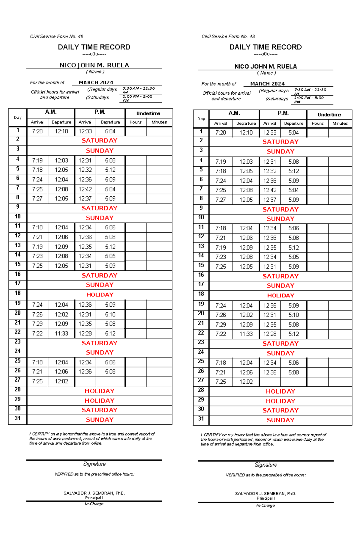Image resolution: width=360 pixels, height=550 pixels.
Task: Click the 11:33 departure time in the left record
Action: tap(61, 333)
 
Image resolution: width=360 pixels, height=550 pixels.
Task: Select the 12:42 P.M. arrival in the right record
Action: tap(269, 190)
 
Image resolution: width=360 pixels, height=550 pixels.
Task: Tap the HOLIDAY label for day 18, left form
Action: tap(100, 295)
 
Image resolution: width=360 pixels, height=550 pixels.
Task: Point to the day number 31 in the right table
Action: tap(201, 419)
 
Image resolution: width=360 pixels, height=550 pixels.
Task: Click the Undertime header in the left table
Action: tap(148, 113)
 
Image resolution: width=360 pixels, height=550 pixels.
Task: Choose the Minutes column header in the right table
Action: tap(340, 123)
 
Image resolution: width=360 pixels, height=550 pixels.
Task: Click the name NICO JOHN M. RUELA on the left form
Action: tap(94, 65)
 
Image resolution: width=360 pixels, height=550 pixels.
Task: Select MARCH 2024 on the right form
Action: tap(267, 84)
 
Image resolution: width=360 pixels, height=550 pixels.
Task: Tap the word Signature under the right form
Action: tap(266, 465)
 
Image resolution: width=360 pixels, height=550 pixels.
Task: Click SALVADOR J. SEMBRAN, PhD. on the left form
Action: tap(94, 493)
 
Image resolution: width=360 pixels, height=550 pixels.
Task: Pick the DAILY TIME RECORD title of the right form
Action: tap(265, 47)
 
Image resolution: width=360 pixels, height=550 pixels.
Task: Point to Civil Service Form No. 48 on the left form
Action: tap(57, 37)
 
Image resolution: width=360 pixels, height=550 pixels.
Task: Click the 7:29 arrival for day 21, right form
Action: tap(220, 324)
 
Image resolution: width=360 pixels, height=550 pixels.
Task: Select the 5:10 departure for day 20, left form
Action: tap(110, 314)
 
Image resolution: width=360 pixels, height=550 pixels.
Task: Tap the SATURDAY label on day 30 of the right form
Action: tap(280, 410)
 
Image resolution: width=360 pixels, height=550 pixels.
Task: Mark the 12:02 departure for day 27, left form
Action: tap(61, 381)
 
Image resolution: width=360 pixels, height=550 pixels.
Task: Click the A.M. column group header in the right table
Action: tap(234, 113)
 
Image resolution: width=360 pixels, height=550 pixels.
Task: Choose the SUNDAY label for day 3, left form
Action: tap(100, 150)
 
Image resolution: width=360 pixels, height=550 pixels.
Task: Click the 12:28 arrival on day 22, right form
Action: tap(269, 334)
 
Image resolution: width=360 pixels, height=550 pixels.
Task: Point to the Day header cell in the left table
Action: tap(18, 117)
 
